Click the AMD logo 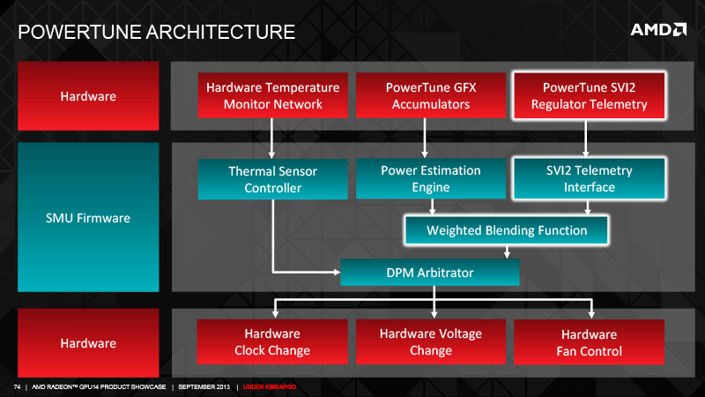coord(658,30)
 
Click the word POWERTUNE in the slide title coord(79,32)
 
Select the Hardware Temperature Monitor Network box coord(273,95)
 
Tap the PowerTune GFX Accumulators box coord(431,95)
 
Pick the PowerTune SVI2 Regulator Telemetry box coord(589,95)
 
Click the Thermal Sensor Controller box coord(273,179)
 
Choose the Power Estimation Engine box coord(431,178)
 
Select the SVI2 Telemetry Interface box coord(589,178)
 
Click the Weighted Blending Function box coord(507,230)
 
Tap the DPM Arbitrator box coord(430,273)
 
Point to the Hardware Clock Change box coord(272,341)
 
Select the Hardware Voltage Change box coord(431,341)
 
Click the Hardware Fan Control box coord(589,342)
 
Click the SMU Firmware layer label coord(88,217)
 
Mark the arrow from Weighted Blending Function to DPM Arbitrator coord(507,251)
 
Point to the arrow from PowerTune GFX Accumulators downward coord(425,139)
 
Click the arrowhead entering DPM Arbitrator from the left coord(337,272)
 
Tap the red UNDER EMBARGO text coord(270,386)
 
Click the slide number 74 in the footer coord(17,386)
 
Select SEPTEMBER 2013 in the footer coord(204,386)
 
